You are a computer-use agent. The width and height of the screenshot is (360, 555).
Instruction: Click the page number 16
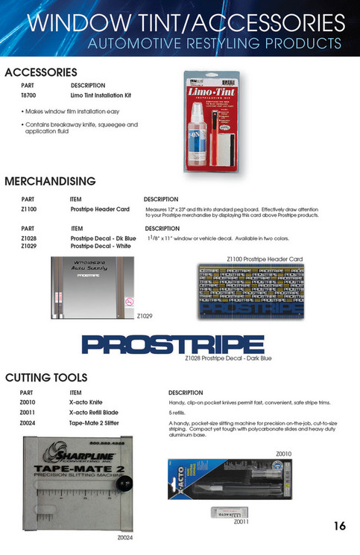pyautogui.click(x=339, y=526)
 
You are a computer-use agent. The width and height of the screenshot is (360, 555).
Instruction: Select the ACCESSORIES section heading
pyautogui.click(x=41, y=72)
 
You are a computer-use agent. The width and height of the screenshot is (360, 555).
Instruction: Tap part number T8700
pyautogui.click(x=28, y=97)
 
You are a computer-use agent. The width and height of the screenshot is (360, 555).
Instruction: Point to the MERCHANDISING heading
pyautogui.click(x=50, y=181)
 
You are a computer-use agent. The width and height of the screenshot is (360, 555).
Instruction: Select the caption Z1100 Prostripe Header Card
pyautogui.click(x=265, y=259)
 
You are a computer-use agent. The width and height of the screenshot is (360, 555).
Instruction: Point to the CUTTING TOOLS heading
pyautogui.click(x=46, y=378)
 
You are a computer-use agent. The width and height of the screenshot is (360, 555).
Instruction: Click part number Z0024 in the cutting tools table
pyautogui.click(x=28, y=423)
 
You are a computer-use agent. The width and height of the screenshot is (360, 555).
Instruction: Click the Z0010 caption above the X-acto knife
pyautogui.click(x=284, y=453)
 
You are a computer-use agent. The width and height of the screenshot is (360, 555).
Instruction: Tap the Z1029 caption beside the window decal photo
pyautogui.click(x=145, y=316)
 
